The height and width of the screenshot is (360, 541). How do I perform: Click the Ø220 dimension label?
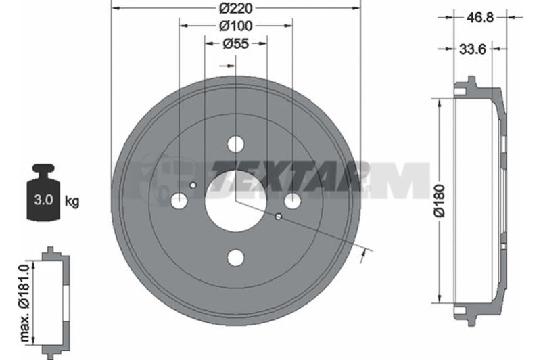236,8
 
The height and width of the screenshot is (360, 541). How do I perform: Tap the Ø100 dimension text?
236,26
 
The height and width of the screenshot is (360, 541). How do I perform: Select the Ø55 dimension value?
236,44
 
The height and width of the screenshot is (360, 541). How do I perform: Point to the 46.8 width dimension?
480,17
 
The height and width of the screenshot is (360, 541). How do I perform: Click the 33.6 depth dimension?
472,49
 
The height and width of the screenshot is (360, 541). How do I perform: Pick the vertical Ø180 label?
440,201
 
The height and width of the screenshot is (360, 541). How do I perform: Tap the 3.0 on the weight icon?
43,200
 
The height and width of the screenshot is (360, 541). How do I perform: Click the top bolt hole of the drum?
235,144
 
